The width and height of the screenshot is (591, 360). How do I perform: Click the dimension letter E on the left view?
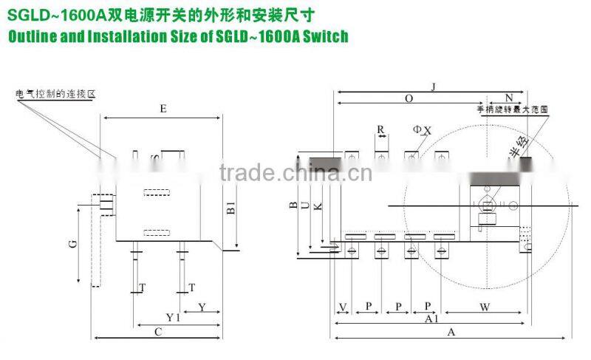pos(163,109)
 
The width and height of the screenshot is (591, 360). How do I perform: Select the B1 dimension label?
pos(230,210)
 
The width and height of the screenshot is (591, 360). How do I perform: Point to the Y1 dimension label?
pos(171,317)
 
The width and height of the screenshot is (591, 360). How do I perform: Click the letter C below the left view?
pos(157,332)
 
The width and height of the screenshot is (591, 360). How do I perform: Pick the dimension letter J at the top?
pos(434,86)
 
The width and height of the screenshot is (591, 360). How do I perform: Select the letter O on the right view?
pos(409,98)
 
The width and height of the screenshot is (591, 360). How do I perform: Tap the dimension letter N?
pos(509,98)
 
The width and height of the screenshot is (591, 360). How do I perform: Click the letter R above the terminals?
pos(380,129)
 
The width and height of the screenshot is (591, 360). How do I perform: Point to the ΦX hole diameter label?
pos(422,130)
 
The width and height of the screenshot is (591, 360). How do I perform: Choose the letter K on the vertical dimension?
pos(318,208)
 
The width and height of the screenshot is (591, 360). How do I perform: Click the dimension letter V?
pos(342,306)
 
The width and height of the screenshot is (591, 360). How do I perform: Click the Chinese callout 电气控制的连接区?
pos(56,95)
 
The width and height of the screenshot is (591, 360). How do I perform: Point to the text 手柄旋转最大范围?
pos(514,109)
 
